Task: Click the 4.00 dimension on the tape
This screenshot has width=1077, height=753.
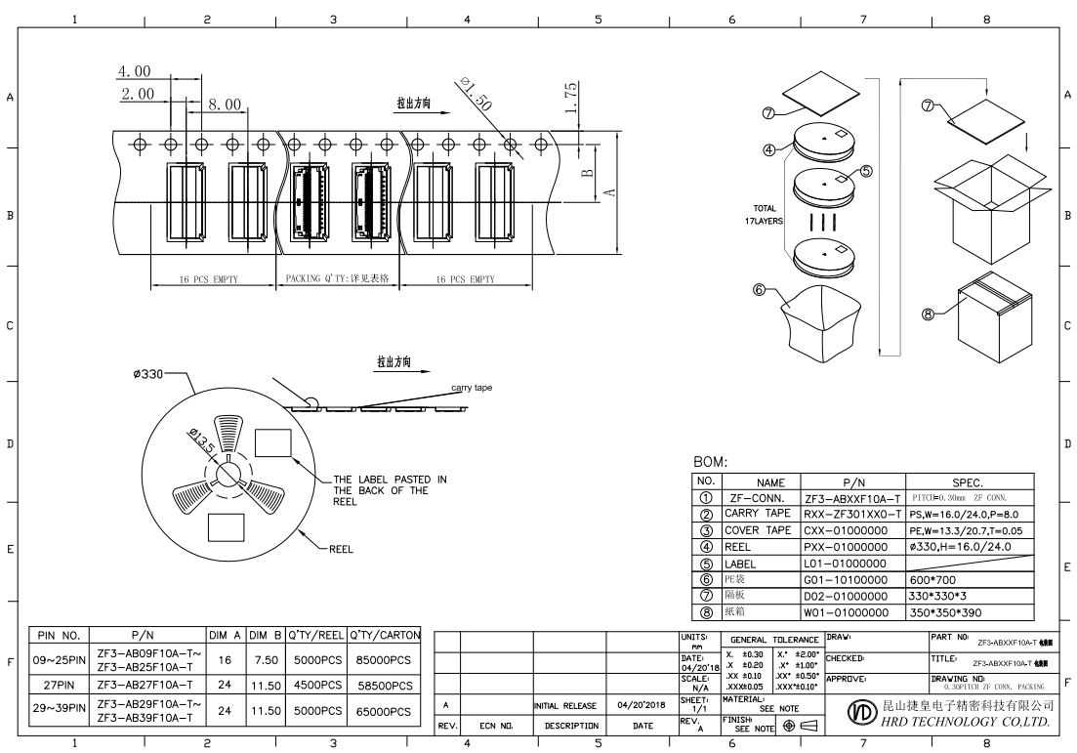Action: point(135,72)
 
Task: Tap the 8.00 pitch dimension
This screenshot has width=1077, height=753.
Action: point(225,104)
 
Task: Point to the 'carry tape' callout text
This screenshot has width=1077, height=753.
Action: point(472,389)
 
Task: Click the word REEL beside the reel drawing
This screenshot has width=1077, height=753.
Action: point(341,549)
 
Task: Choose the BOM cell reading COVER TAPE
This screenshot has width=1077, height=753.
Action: point(759,529)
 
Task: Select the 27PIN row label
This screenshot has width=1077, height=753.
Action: point(62,686)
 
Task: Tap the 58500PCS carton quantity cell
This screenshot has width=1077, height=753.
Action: point(385,686)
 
